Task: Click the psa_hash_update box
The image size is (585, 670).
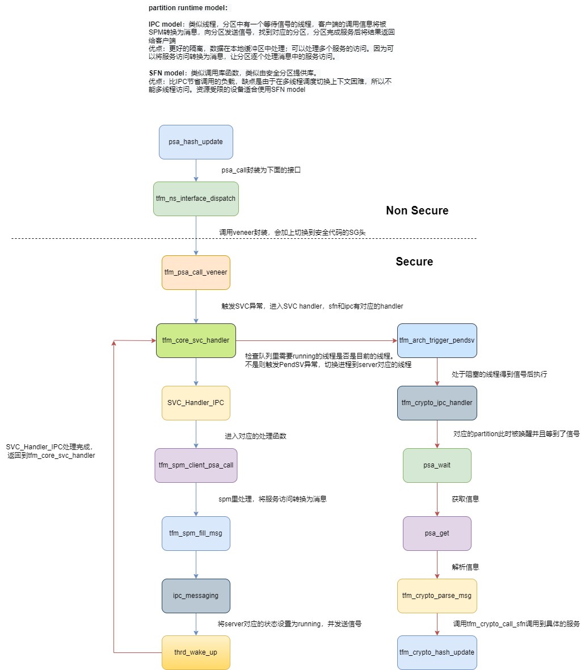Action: pos(196,142)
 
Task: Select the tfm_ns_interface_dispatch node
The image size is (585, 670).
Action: pos(196,199)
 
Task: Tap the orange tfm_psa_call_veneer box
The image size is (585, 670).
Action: pos(196,272)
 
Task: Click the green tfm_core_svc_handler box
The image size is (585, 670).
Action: pos(196,340)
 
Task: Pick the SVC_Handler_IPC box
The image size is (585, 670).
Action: pos(196,403)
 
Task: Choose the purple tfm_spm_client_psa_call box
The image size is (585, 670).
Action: pos(196,465)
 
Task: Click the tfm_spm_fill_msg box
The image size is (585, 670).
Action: pos(196,533)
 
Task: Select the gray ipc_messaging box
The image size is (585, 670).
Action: pos(196,596)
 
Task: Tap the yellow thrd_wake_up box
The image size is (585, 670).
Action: pos(196,652)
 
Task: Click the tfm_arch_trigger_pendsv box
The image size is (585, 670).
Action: pos(437,340)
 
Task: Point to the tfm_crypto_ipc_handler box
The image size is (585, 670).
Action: pos(437,403)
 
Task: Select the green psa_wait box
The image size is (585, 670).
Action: pos(437,465)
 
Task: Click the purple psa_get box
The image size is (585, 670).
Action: pos(437,533)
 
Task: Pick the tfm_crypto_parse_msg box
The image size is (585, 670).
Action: pos(437,596)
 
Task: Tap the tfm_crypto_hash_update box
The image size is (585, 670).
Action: pos(437,652)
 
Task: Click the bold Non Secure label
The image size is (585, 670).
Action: pos(417,210)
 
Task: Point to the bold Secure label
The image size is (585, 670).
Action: pos(414,262)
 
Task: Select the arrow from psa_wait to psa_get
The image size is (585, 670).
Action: pos(437,499)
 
